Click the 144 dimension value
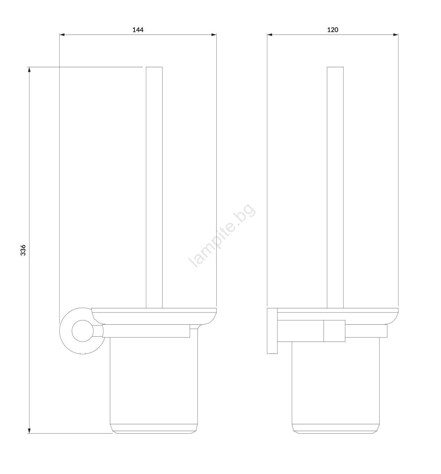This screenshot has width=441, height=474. pos(138,30)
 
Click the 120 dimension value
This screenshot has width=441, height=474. pos(333,30)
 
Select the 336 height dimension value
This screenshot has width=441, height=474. pos(23,250)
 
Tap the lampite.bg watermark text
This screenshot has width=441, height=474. pos(222,235)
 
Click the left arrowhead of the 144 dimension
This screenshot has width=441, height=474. pos(62,35)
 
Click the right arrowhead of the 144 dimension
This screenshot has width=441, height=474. pos(214,35)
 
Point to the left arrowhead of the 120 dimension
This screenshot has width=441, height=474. pos(270,35)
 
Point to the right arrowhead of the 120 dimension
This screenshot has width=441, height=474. pos(395,35)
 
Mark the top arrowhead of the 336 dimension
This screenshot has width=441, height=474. pos(29,70)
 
